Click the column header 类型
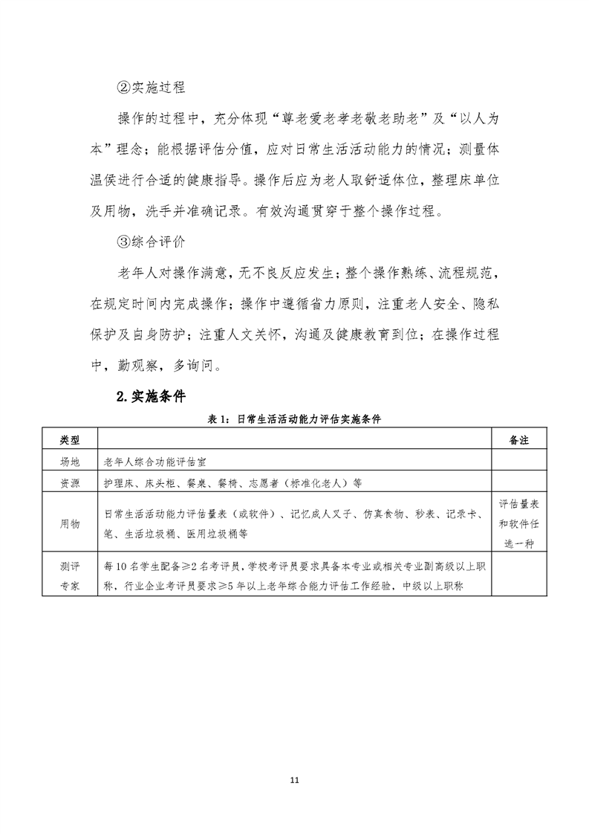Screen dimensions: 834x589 tap(68, 440)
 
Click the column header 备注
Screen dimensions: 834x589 tap(519, 440)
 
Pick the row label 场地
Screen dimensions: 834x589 tap(68, 462)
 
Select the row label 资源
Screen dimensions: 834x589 tap(68, 482)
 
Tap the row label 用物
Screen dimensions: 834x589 tap(68, 523)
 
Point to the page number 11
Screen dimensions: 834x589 tap(294, 780)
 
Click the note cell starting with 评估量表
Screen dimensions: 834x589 tap(519, 523)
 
